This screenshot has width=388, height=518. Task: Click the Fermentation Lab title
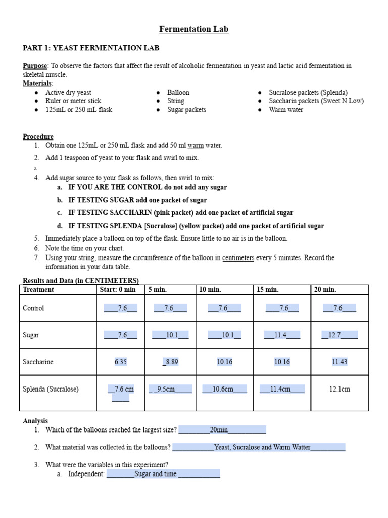click(194, 29)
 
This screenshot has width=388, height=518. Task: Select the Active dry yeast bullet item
click(68, 92)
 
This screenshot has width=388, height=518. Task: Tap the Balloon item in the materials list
click(178, 92)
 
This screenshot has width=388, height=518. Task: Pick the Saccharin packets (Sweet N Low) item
click(316, 101)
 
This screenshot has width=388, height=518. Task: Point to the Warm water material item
click(286, 109)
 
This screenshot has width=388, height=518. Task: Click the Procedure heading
click(38, 137)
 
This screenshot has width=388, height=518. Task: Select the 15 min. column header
click(267, 290)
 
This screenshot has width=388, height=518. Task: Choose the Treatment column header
click(38, 290)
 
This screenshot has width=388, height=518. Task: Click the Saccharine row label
click(38, 362)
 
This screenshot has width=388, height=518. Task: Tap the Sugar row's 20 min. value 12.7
click(339, 335)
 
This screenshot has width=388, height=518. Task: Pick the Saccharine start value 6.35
click(121, 362)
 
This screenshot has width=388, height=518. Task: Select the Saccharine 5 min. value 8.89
click(170, 362)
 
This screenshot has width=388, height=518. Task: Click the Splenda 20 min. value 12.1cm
click(339, 389)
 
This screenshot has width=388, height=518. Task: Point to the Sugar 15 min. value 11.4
click(281, 335)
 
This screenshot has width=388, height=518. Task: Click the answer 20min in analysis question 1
click(219, 430)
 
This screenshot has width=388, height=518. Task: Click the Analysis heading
click(35, 421)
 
